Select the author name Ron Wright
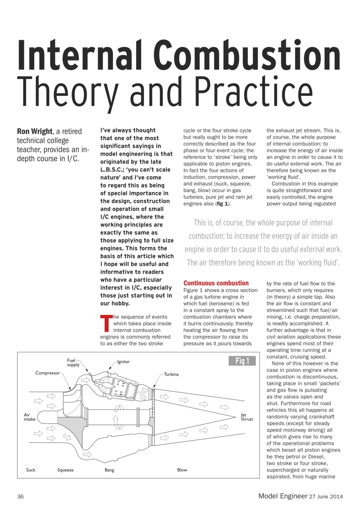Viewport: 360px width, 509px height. tap(35, 131)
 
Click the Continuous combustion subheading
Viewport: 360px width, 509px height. tap(216, 283)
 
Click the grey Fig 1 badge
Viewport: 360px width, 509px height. tap(242, 361)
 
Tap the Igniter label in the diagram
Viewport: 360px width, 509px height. tap(123, 362)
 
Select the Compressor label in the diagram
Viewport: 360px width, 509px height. tap(47, 373)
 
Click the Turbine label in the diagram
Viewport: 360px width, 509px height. tap(171, 374)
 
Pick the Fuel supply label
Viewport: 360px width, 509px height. tap(73, 362)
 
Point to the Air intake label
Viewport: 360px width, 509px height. tap(29, 417)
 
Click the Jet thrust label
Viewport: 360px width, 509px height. tap(247, 417)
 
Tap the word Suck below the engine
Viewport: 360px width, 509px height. tap(31, 470)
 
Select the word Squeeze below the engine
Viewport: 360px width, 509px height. tap(66, 470)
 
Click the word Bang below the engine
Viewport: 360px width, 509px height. tap(109, 470)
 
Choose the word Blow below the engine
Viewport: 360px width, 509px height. tap(182, 470)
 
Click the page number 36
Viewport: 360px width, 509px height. tap(21, 496)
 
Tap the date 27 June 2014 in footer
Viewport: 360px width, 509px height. tap(326, 496)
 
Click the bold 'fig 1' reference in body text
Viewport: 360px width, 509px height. tap(222, 204)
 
